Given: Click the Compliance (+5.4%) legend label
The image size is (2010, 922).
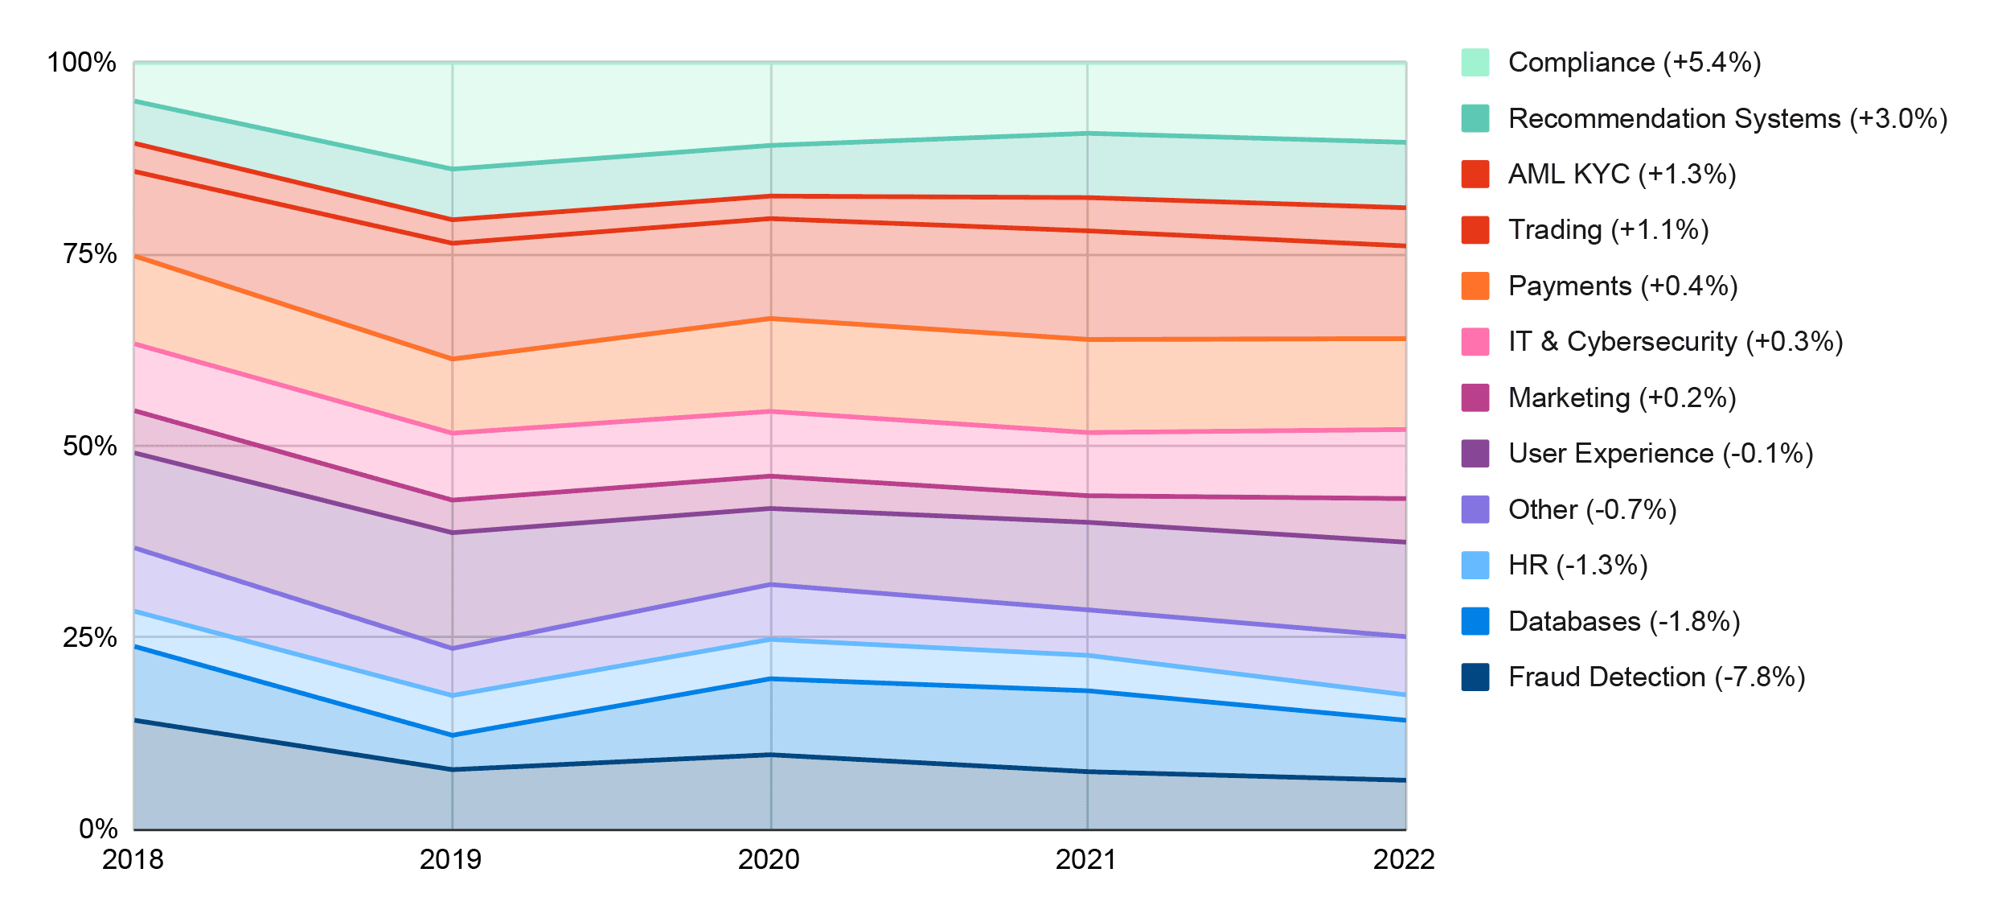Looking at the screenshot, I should (x=1634, y=63).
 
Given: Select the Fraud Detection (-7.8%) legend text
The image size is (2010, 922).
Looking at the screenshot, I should (x=1656, y=677).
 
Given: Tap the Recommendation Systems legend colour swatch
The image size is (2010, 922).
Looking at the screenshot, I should (x=1475, y=118).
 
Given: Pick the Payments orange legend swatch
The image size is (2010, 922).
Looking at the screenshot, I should (x=1475, y=286).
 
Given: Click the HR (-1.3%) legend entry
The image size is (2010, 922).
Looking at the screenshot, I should (x=1577, y=566).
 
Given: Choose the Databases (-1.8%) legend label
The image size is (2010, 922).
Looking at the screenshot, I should (x=1623, y=622).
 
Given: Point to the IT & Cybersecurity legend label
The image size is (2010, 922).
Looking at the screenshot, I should (x=1675, y=342).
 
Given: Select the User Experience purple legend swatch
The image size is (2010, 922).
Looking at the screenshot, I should (x=1475, y=454).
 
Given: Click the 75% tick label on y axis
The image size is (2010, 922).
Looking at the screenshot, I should (x=90, y=254).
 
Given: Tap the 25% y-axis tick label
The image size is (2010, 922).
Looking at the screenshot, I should (x=90, y=638).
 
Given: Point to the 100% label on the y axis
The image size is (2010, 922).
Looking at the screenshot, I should (x=82, y=63).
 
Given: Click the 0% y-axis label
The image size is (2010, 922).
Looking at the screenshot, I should (x=98, y=829).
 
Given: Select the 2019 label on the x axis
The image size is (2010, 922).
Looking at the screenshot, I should (x=451, y=860).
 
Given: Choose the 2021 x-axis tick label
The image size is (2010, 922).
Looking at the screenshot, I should (x=1086, y=860).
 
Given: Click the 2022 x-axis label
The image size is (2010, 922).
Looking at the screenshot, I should (x=1404, y=860).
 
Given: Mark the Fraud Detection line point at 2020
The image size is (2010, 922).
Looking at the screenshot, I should (x=770, y=755).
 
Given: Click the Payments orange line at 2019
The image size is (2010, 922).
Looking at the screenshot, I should (x=453, y=359).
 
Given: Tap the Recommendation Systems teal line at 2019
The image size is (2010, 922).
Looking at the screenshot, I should (x=453, y=169).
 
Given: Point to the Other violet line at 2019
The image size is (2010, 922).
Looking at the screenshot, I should (x=453, y=648).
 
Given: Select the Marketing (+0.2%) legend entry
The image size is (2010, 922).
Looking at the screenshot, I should (x=1622, y=398).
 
